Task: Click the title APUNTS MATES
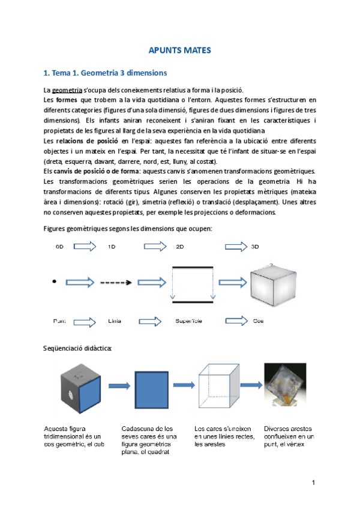(179, 51)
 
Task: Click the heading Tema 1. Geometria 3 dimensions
(106, 73)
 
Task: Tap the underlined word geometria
(64, 89)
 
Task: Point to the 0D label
(59, 246)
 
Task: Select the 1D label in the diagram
(112, 246)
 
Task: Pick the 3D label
(255, 246)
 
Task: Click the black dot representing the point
(55, 281)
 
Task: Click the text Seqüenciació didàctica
(77, 348)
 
